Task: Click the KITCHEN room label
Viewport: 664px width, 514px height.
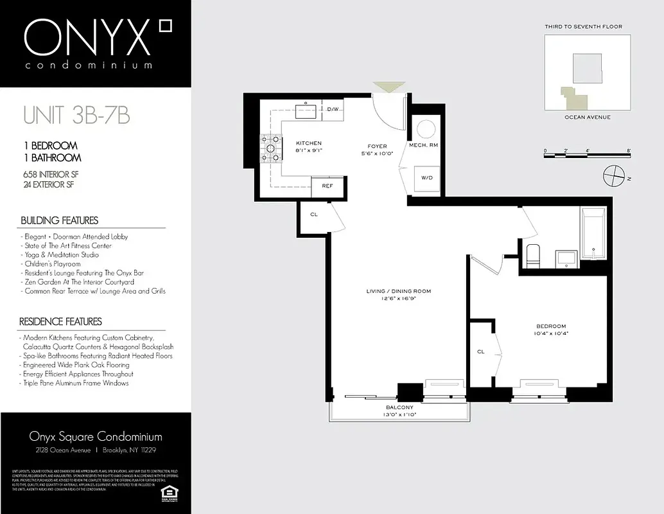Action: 308,143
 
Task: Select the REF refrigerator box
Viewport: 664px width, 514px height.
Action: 327,186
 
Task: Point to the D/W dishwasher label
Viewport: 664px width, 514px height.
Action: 332,109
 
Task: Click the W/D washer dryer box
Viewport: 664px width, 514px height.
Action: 426,177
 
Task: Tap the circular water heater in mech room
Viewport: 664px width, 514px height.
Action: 426,129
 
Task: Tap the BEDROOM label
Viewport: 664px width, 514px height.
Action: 552,326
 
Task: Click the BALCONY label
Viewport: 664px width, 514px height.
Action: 399,408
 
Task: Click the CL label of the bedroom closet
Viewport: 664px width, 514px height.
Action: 480,351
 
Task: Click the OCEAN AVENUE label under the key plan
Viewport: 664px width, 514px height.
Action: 587,118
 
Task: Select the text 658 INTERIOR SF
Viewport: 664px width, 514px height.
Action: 50,175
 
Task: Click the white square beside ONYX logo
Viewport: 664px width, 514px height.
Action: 166,25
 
